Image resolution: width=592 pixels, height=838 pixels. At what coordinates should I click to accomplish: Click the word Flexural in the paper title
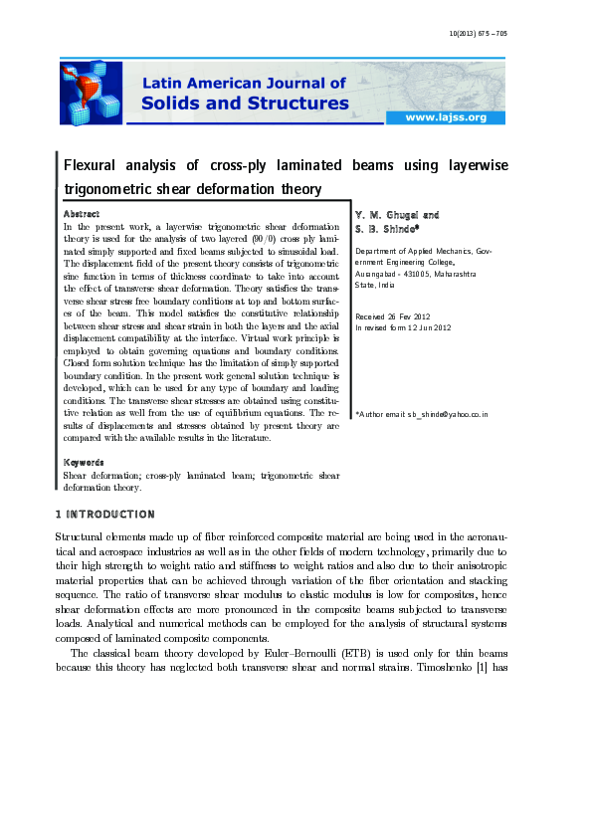(x=93, y=165)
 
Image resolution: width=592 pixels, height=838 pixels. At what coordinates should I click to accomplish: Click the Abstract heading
(x=81, y=214)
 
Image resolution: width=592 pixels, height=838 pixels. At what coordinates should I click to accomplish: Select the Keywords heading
(x=84, y=462)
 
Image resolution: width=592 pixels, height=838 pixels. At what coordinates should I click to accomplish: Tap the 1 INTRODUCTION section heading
(x=104, y=515)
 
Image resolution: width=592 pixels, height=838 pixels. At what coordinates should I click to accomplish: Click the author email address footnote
(x=422, y=411)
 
